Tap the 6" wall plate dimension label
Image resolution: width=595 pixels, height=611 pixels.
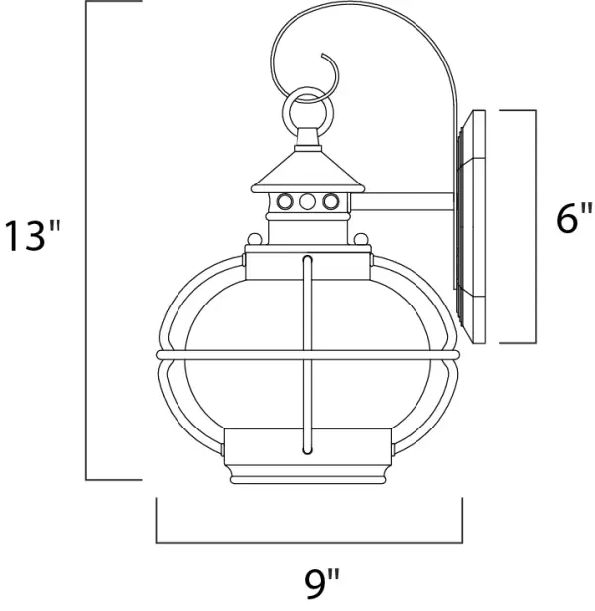(x=572, y=218)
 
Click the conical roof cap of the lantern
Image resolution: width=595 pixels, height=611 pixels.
(x=307, y=172)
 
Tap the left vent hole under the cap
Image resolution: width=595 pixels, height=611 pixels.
(x=286, y=202)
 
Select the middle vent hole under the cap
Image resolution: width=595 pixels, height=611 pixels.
(x=307, y=202)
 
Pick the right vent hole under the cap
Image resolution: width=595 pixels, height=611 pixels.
(x=328, y=202)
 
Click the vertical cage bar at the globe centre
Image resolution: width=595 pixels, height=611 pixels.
(x=310, y=347)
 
